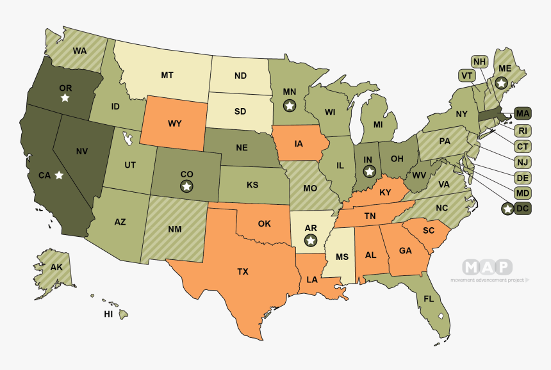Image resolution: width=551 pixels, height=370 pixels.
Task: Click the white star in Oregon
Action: click(x=65, y=98)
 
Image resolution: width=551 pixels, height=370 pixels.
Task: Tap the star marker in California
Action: click(x=59, y=175)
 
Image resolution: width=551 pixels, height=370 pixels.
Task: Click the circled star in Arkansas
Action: click(x=311, y=240)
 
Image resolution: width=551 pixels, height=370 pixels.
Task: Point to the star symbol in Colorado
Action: click(x=186, y=186)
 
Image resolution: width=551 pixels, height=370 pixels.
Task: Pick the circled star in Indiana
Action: click(x=369, y=171)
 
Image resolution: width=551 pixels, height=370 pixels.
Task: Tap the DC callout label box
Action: click(x=522, y=208)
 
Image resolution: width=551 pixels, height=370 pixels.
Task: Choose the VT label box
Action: click(x=466, y=76)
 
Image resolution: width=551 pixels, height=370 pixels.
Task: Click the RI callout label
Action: click(x=522, y=131)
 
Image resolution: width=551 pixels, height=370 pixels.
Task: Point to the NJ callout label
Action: click(x=522, y=162)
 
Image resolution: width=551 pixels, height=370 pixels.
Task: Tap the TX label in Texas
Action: click(x=243, y=271)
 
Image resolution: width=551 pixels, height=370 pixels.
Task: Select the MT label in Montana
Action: click(x=167, y=75)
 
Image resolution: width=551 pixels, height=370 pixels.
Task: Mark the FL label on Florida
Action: click(x=427, y=298)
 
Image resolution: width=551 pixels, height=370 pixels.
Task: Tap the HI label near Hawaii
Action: click(x=108, y=314)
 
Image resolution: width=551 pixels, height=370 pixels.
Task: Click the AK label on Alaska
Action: click(x=56, y=267)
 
